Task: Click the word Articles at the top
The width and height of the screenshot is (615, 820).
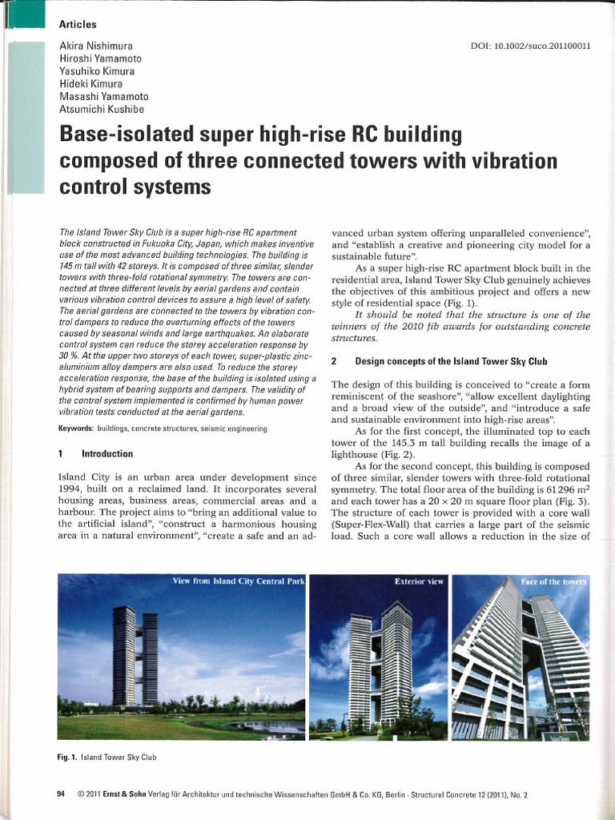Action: (x=78, y=24)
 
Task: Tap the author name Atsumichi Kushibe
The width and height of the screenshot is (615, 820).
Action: (x=100, y=110)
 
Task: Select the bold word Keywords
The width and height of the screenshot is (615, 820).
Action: (x=77, y=428)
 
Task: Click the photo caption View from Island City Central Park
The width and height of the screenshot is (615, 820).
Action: (x=239, y=581)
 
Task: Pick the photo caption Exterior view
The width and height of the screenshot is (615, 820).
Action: (x=418, y=582)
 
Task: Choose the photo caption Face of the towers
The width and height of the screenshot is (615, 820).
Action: (x=553, y=581)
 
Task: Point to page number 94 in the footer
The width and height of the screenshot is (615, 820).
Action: (x=62, y=795)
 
